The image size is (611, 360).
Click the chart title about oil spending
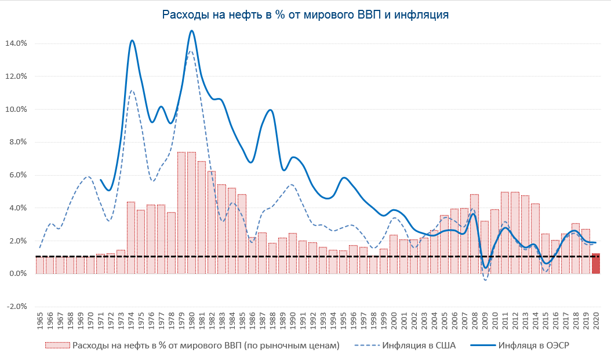pyautogui.click(x=305, y=15)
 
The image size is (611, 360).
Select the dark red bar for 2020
pyautogui.click(x=595, y=264)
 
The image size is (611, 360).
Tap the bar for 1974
pyautogui.click(x=131, y=238)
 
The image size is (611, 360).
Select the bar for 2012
pyautogui.click(x=515, y=232)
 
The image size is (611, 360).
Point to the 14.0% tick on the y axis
pyautogui.click(x=16, y=43)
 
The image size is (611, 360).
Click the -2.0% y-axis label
pyautogui.click(x=16, y=307)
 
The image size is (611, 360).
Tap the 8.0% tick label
pyautogui.click(x=16, y=142)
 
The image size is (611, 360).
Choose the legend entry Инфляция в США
pyautogui.click(x=419, y=346)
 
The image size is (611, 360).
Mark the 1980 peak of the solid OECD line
pyautogui.click(x=192, y=31)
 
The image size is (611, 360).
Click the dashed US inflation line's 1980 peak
pyautogui.click(x=191, y=52)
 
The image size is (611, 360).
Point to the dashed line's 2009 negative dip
pyautogui.click(x=485, y=280)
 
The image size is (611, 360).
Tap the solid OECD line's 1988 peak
pyautogui.click(x=270, y=110)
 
